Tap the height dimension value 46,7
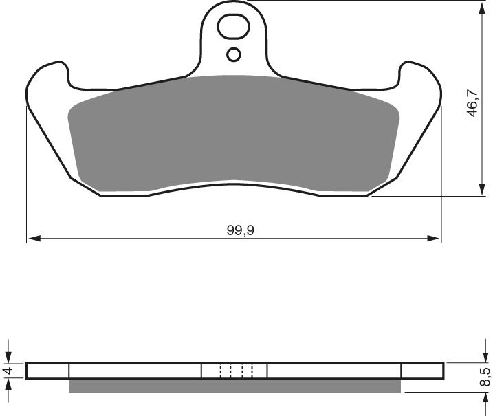click(472, 101)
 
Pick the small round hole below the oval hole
click(234, 54)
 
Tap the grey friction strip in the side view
click(234, 386)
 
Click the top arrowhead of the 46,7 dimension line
click(479, 6)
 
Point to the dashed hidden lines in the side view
click(237, 371)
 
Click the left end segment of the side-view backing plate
click(48, 371)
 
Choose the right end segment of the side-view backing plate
click(421, 371)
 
